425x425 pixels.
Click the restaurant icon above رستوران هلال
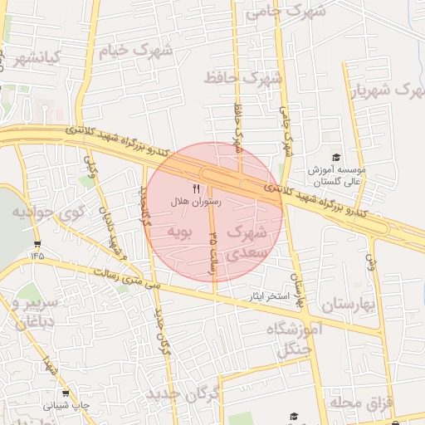pos(197,189)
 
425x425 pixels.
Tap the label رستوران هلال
pos(193,202)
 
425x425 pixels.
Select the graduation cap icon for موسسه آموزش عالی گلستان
pos(336,158)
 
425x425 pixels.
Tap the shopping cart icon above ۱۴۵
pos(37,244)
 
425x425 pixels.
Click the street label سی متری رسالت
pos(125,279)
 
